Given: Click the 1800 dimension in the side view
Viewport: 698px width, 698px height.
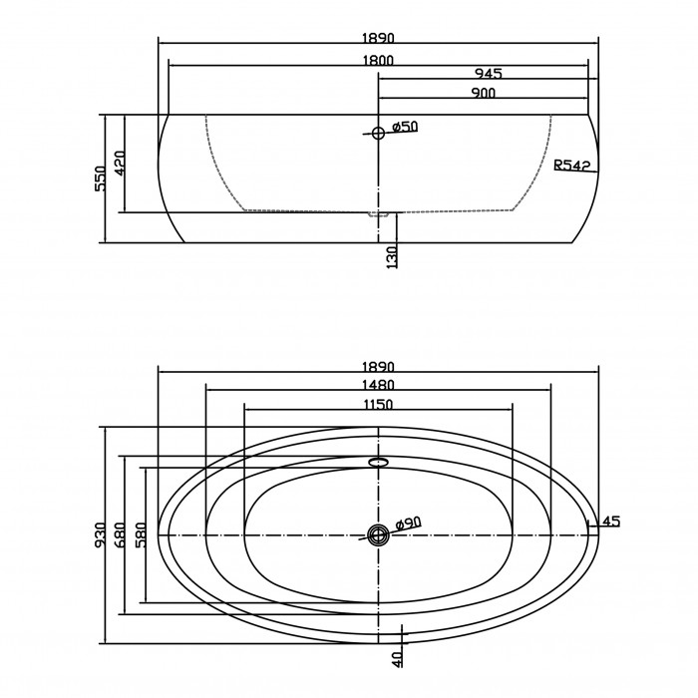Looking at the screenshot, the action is (378, 60).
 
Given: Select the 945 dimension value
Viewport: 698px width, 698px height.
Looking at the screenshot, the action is (489, 73).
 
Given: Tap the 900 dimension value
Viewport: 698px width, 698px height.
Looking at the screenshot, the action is (483, 93).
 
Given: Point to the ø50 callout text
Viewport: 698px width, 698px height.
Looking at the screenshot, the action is (405, 127).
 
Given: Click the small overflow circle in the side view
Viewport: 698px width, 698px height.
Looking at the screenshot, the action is (378, 133).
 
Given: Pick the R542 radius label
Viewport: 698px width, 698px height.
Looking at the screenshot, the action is (572, 166).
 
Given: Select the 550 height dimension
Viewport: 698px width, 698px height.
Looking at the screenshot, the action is (101, 178).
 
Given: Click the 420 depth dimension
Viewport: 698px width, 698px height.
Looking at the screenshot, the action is (121, 163).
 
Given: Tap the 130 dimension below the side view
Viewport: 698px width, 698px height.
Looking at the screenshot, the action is (392, 257).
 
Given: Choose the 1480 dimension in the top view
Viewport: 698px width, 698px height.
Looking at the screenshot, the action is (378, 385).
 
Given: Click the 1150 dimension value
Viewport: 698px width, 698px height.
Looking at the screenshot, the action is (378, 404).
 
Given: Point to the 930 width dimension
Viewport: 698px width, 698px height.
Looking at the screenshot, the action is (100, 534).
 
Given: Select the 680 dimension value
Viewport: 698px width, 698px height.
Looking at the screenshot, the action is (121, 534).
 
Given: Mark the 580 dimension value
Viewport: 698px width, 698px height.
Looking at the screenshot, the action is (140, 534).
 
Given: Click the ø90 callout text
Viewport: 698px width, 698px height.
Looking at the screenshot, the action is (408, 523).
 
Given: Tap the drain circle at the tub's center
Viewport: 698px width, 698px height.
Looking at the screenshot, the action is (378, 534).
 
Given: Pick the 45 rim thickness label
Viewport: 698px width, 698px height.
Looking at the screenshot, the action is (611, 521).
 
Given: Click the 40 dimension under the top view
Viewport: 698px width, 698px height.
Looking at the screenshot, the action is (398, 659).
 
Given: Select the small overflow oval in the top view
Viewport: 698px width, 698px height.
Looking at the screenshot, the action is (378, 461).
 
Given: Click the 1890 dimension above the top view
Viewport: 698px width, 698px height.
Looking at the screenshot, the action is (378, 367).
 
